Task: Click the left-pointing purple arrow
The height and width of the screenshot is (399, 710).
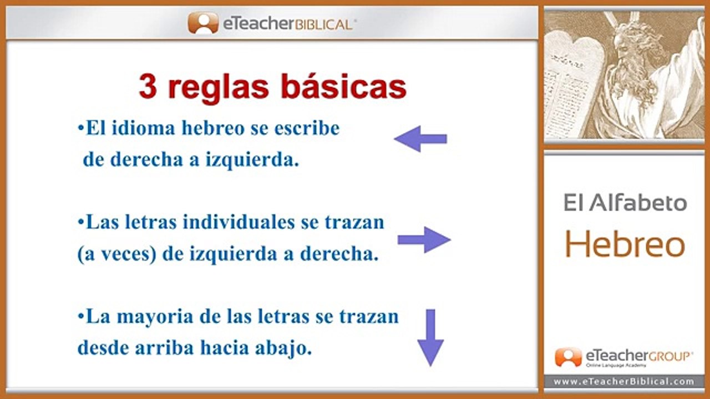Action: click(420, 139)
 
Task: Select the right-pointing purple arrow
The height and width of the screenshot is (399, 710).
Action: click(424, 240)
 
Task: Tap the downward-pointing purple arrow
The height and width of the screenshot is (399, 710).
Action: click(430, 338)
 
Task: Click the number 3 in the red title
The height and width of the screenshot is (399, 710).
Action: click(148, 86)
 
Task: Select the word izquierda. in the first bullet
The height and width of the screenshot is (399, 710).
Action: click(252, 160)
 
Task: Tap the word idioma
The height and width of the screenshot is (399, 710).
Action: click(143, 128)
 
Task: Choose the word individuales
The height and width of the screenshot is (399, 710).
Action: click(239, 222)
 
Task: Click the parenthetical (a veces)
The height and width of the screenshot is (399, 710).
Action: click(117, 254)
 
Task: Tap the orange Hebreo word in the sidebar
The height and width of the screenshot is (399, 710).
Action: click(625, 244)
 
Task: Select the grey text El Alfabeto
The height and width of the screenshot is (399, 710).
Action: click(625, 203)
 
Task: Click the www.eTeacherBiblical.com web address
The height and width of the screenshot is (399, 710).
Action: click(624, 382)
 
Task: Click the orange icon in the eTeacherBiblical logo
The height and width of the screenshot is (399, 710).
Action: click(203, 23)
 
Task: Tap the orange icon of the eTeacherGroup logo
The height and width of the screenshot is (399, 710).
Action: click(569, 357)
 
